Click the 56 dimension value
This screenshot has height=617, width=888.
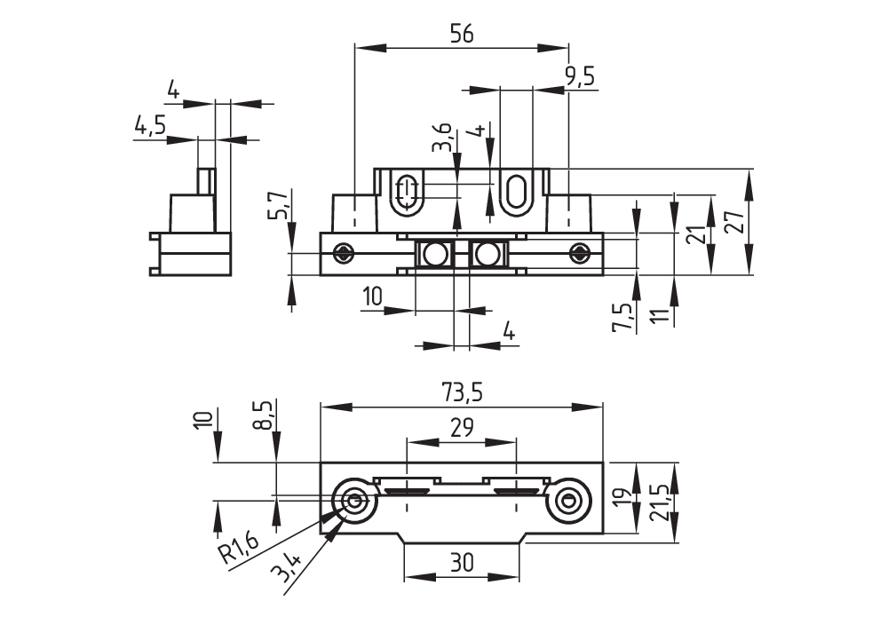pos(461,33)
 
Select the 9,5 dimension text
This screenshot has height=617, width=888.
pos(579,76)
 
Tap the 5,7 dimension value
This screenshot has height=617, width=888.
pos(280,205)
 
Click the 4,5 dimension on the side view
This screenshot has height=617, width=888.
pos(150,125)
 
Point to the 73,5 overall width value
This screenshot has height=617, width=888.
pos(461,392)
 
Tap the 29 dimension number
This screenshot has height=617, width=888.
pos(461,428)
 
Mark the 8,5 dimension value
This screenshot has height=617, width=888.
pos(262,415)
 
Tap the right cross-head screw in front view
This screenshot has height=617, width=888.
pos(579,253)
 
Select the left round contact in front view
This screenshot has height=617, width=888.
pos(435,255)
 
